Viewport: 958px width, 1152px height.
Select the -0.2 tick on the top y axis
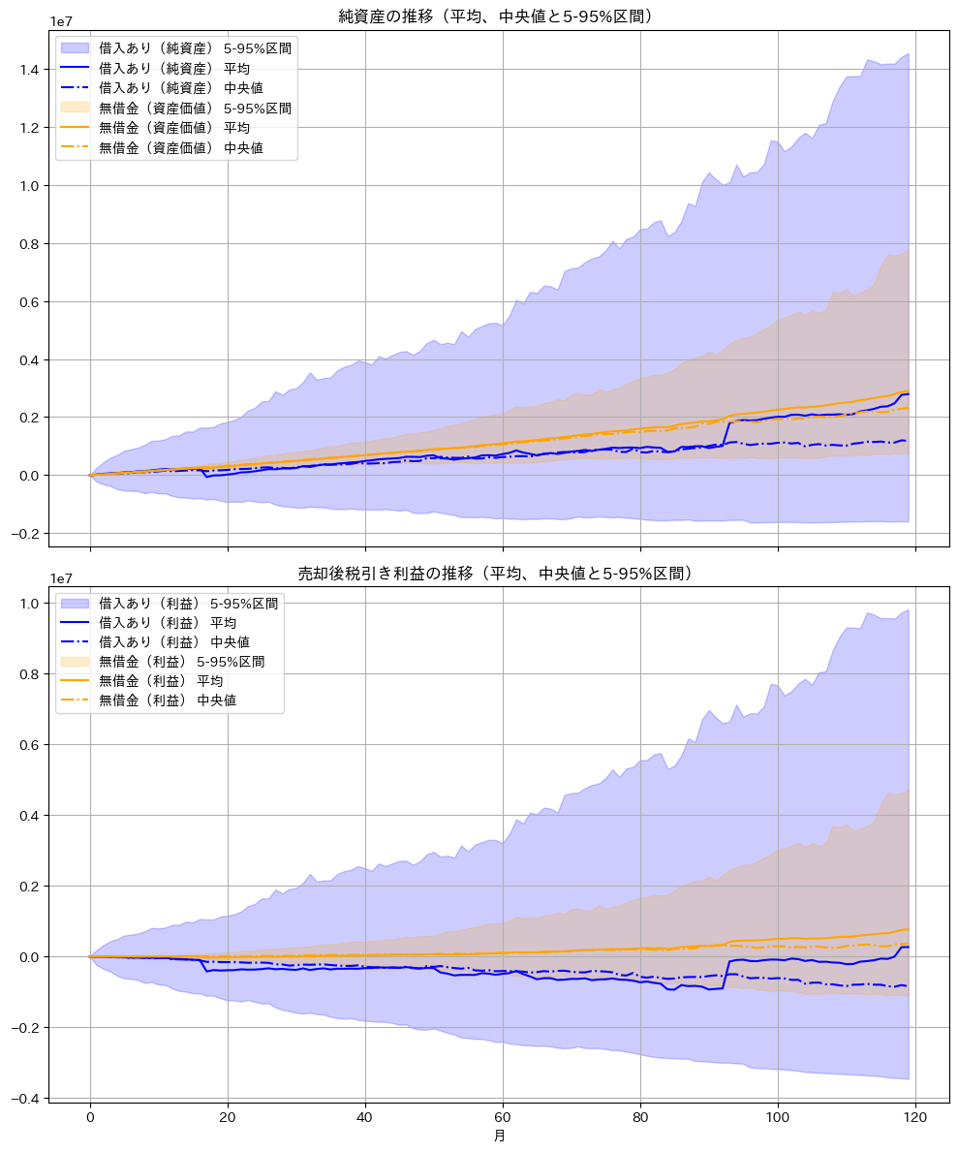pos(26,534)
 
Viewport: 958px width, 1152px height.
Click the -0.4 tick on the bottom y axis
pos(26,1099)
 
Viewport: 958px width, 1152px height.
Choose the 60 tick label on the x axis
pos(503,1115)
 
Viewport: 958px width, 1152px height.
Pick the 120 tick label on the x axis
pos(915,1115)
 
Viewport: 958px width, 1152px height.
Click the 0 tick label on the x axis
pos(90,1115)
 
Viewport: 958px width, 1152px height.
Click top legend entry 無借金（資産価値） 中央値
pos(180,148)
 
